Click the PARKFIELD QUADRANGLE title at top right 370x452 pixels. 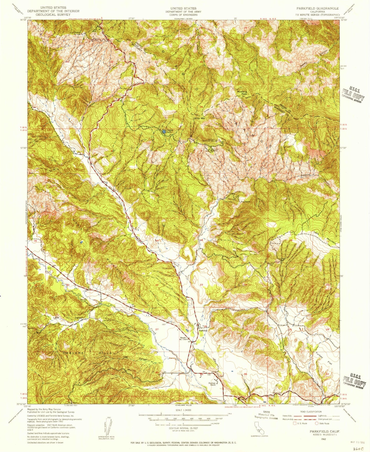318,8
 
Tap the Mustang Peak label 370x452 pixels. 242,93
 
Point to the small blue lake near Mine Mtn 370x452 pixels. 163,132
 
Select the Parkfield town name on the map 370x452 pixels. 203,331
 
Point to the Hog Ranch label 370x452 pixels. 245,202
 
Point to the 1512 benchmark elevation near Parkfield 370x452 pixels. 195,344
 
